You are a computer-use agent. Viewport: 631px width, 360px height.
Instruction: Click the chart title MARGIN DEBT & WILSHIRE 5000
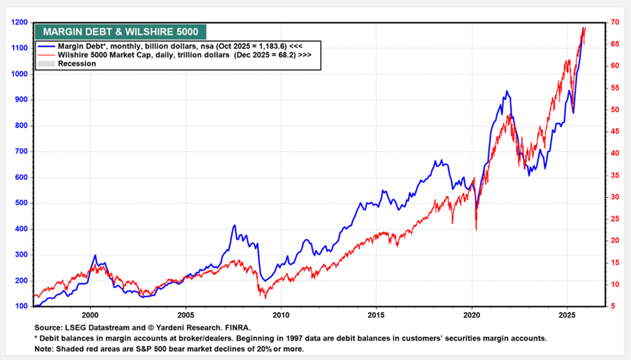point(119,32)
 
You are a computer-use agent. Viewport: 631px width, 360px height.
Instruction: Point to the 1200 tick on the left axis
point(19,22)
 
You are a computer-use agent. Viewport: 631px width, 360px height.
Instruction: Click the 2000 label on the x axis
point(90,314)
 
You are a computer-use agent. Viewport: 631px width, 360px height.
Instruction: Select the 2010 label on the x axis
point(280,314)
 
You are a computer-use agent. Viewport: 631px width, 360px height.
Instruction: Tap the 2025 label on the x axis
point(567,314)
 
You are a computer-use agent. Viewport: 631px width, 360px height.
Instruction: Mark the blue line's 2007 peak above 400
point(235,225)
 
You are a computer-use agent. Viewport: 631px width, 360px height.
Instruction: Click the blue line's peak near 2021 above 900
point(506,91)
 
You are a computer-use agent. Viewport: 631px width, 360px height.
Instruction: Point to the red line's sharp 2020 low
point(477,229)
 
